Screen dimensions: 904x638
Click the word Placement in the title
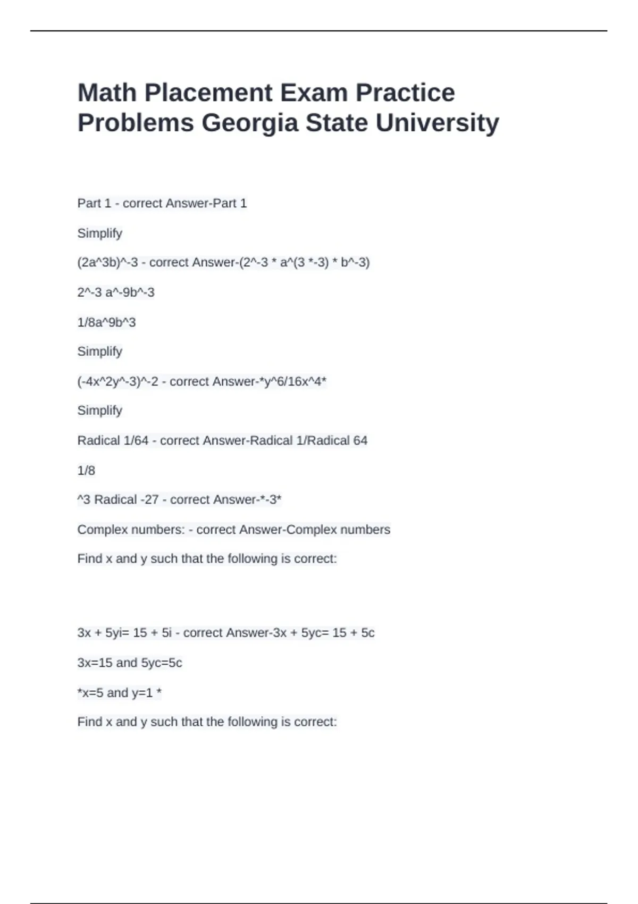(208, 93)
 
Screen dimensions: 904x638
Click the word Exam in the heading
(313, 93)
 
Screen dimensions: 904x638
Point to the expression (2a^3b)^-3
(107, 262)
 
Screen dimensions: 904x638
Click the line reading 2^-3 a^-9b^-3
(116, 292)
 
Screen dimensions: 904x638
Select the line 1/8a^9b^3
(106, 322)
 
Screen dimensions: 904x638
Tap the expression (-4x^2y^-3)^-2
(117, 381)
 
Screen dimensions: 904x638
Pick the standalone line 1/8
(86, 470)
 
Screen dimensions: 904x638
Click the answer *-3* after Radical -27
(271, 499)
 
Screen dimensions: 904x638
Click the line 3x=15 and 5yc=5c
(130, 663)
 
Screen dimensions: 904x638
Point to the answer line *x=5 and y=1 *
(119, 692)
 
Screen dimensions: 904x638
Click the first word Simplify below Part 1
(99, 233)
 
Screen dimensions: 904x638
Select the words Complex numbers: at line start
(131, 530)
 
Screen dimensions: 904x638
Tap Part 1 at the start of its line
(94, 203)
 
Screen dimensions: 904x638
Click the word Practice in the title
(405, 93)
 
